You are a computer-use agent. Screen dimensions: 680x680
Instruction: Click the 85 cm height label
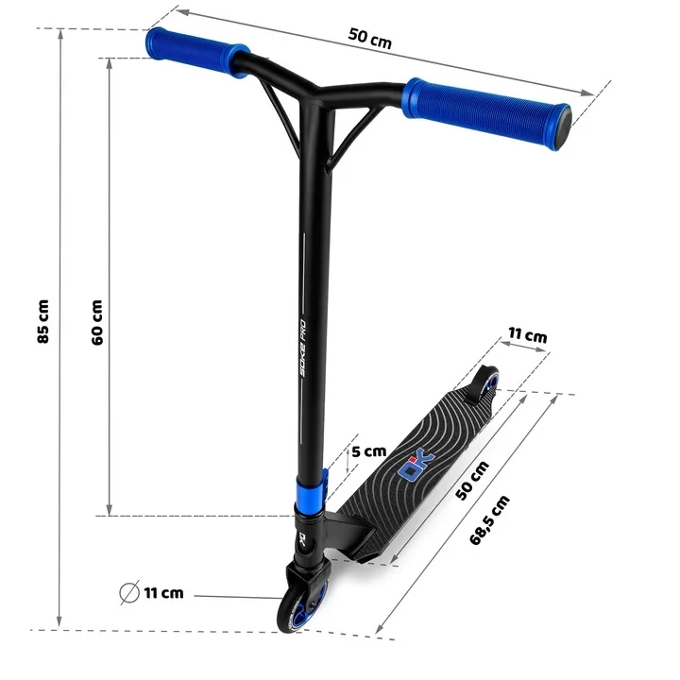(x=42, y=321)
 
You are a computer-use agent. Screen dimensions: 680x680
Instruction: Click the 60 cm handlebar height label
(x=97, y=322)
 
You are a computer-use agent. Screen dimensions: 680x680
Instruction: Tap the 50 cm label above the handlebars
(x=370, y=38)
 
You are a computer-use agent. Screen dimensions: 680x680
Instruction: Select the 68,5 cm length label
(x=489, y=520)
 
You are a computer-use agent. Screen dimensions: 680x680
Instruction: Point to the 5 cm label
(x=369, y=451)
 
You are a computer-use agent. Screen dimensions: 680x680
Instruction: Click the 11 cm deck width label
(x=527, y=334)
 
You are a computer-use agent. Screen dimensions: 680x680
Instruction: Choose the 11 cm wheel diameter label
(x=163, y=592)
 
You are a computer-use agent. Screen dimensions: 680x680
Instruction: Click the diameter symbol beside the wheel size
(x=129, y=592)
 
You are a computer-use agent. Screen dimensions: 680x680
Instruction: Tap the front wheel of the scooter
(x=302, y=607)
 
